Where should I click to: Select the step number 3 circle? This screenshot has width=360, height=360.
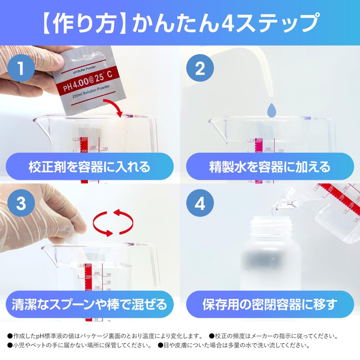(20, 204)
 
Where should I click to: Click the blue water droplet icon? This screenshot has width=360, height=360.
(272, 109)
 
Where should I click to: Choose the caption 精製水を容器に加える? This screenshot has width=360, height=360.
(270, 167)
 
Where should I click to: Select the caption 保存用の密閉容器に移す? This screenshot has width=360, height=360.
(270, 304)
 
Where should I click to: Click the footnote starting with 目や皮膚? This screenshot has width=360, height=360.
(234, 346)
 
